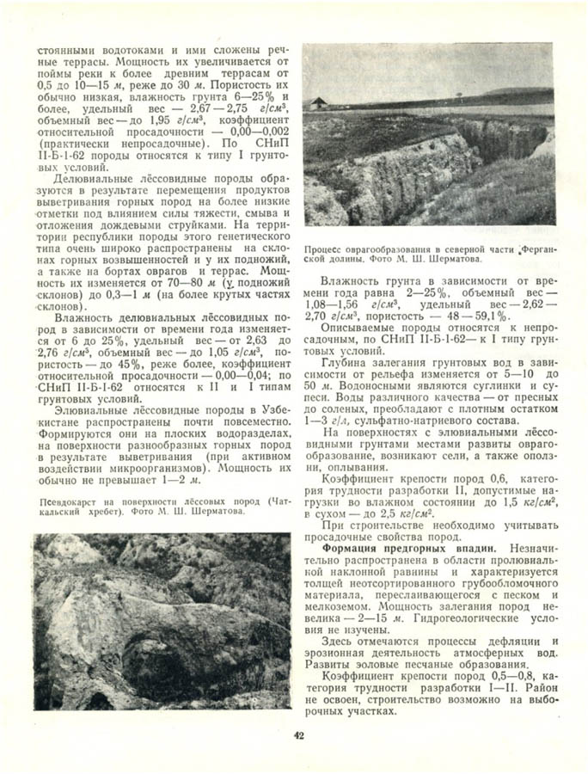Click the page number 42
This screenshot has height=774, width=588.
pyautogui.click(x=297, y=735)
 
